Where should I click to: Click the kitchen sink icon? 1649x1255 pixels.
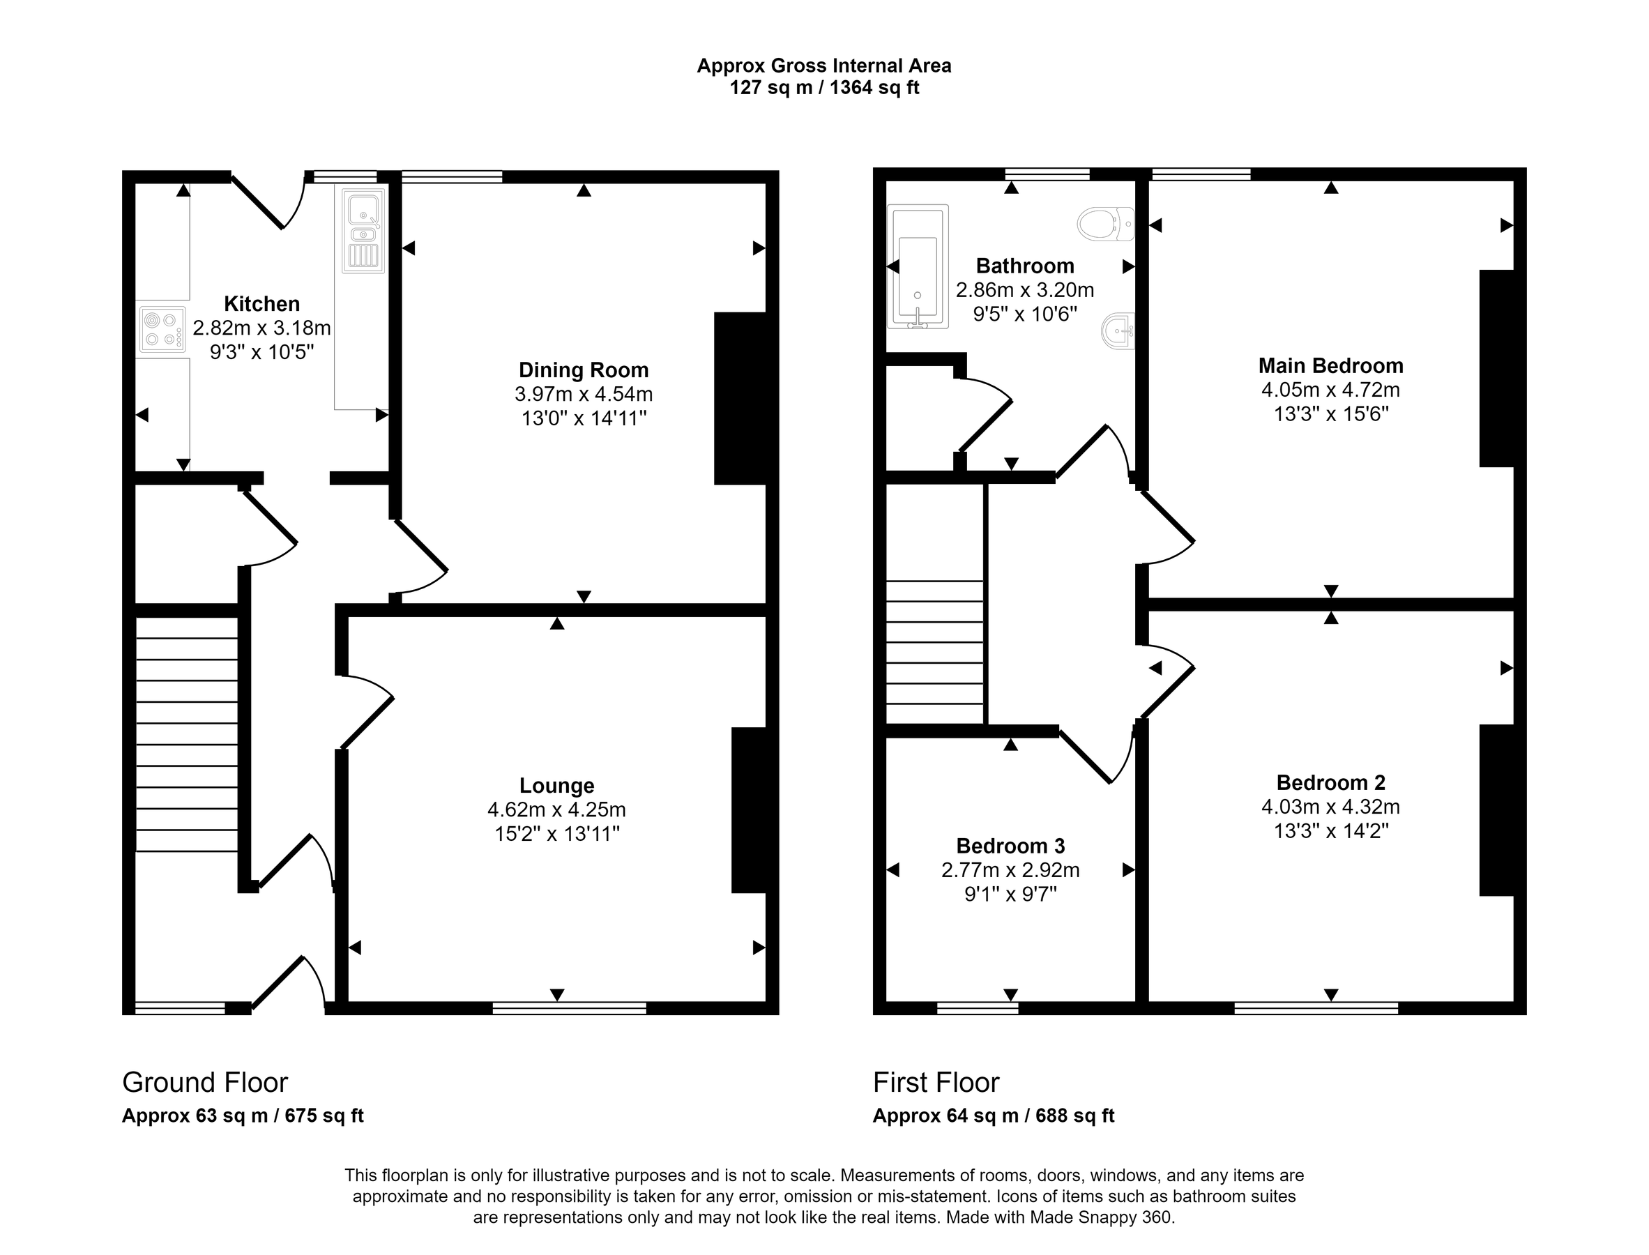(x=364, y=230)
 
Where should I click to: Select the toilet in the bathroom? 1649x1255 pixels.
(x=1107, y=223)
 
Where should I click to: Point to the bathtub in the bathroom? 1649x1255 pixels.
(x=918, y=266)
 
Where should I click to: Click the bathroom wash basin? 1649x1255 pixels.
(x=1118, y=330)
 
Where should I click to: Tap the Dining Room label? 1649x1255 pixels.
(x=584, y=370)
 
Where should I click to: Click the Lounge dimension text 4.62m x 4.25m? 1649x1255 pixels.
(x=556, y=809)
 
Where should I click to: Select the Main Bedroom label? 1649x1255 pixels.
(x=1331, y=365)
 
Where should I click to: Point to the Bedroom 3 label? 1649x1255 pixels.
(x=1010, y=846)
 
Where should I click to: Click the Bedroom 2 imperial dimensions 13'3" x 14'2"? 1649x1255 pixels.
(x=1331, y=830)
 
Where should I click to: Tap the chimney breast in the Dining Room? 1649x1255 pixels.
(x=740, y=398)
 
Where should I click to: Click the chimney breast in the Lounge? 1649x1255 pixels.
(x=749, y=809)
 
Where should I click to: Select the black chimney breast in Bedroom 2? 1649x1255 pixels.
(x=1496, y=809)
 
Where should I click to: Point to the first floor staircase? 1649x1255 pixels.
(x=935, y=651)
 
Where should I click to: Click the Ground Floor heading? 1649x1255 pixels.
(x=205, y=1081)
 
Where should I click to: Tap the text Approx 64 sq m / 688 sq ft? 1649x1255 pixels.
(x=993, y=1116)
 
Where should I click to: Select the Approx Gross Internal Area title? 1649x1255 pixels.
(x=824, y=66)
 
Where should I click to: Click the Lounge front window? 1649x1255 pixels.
(x=570, y=1007)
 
